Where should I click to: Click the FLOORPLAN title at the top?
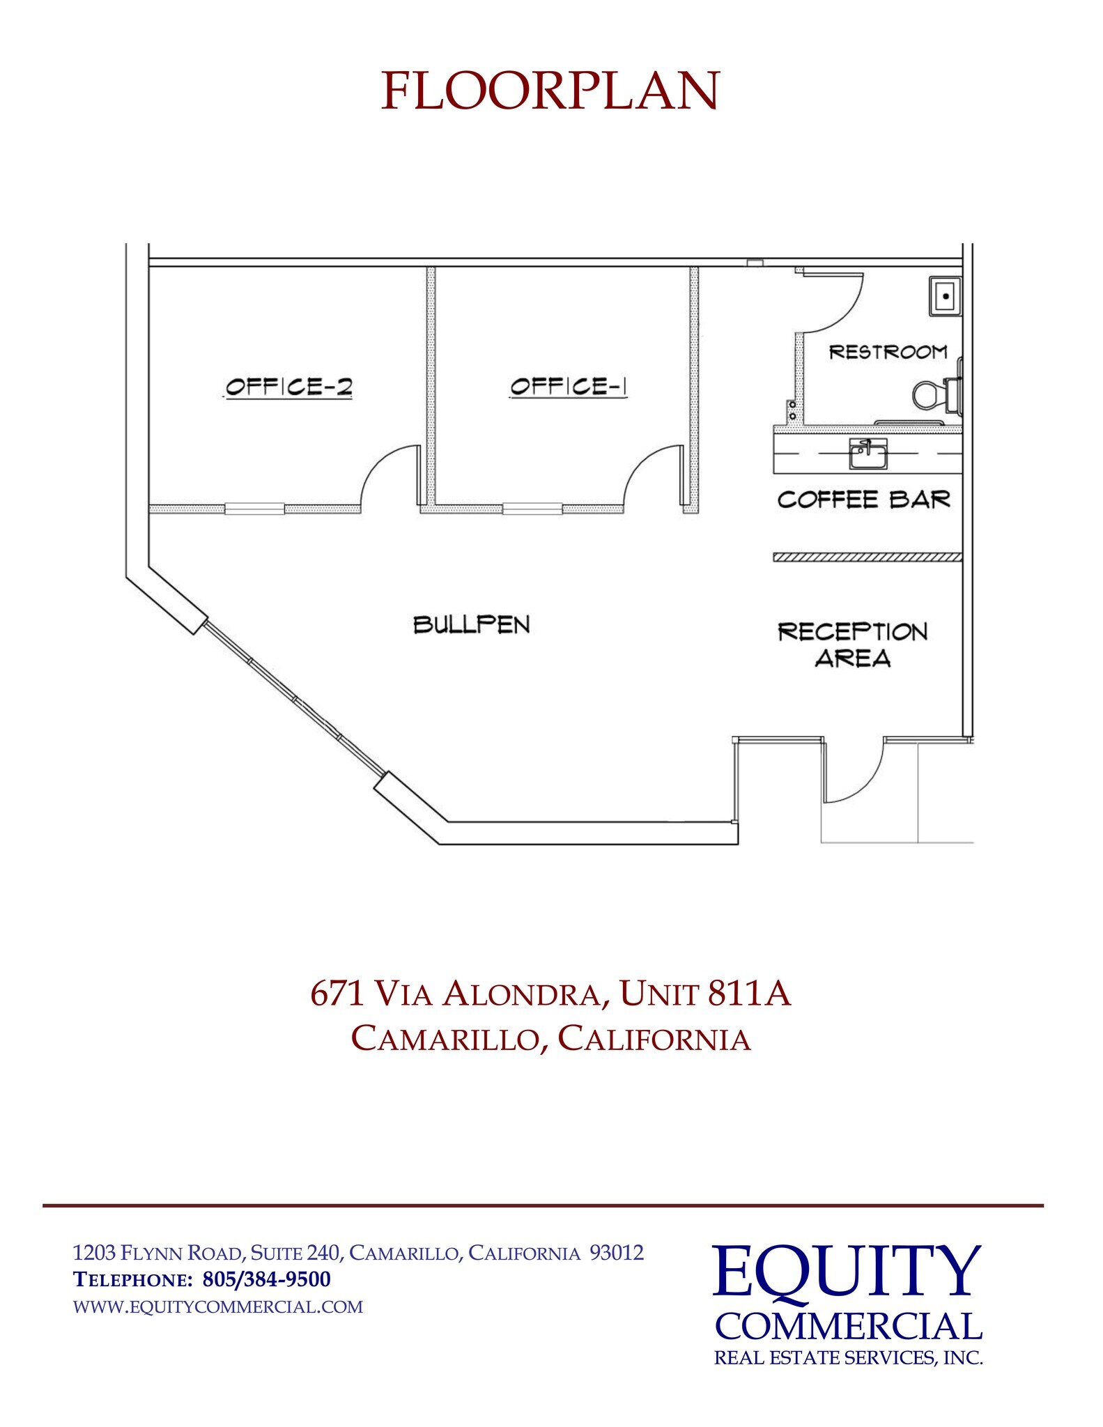click(x=550, y=91)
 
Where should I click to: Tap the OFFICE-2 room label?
click(x=288, y=387)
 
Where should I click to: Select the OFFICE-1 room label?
click(x=568, y=387)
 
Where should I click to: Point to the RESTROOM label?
click(x=888, y=352)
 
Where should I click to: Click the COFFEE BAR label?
click(x=863, y=500)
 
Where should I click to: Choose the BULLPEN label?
click(x=472, y=624)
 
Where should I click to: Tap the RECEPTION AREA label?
click(x=853, y=645)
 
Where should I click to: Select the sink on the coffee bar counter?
click(x=867, y=454)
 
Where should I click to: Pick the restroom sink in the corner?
click(x=945, y=296)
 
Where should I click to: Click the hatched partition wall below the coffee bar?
click(x=867, y=557)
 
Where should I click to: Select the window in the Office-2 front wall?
click(x=254, y=509)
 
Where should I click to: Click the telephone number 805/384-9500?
click(x=266, y=1279)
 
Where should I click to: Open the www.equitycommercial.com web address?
click(x=218, y=1306)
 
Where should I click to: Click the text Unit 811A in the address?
click(x=704, y=994)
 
